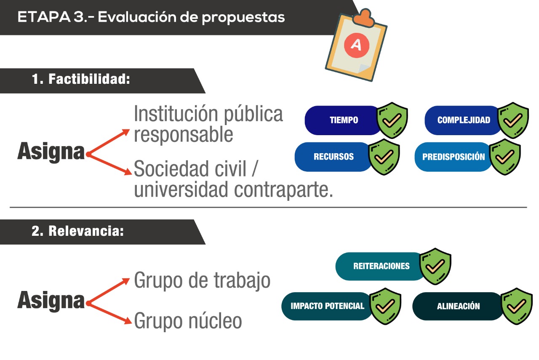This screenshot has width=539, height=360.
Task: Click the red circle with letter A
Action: point(356,45)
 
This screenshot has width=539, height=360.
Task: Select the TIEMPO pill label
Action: point(344,120)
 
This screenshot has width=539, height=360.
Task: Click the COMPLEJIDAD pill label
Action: point(464,120)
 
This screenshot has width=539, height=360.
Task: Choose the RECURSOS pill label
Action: point(334,157)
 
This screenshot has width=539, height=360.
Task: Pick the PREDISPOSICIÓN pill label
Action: point(454,157)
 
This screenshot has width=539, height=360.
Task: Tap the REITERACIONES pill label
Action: point(382,266)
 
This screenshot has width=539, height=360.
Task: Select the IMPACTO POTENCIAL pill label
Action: point(327,306)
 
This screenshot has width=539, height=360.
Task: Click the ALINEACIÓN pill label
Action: point(459,306)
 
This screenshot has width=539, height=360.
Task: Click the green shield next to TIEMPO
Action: point(392,120)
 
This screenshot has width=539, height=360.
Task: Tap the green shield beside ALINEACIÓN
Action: point(516,306)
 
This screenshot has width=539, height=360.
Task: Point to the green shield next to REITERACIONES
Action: point(435,266)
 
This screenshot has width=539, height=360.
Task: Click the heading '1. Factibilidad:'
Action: point(81,79)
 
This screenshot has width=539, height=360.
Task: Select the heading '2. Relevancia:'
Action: point(77,231)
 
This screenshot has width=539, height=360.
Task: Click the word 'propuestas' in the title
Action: point(243,18)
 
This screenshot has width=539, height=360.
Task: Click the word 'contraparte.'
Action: point(283,190)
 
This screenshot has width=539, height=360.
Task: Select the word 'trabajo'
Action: point(242,280)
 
